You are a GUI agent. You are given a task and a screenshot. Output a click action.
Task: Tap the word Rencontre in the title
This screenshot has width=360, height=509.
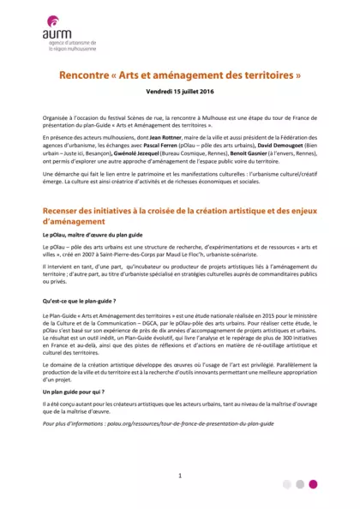87,75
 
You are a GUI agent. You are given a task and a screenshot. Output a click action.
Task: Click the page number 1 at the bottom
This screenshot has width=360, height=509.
180,474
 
